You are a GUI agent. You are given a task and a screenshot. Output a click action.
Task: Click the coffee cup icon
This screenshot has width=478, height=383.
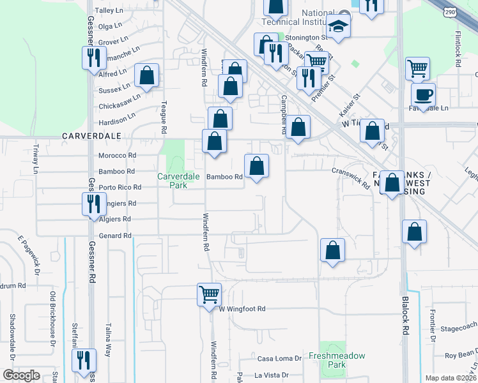click(423, 95)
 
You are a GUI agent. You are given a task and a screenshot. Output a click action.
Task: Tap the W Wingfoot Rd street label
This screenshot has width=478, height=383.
click(242, 309)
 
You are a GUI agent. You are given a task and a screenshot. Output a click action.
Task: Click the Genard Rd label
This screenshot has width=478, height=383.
click(116, 236)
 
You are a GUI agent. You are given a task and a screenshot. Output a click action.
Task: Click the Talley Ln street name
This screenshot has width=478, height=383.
click(108, 11)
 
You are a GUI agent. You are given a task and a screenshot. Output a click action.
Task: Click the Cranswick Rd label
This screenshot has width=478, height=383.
click(351, 177)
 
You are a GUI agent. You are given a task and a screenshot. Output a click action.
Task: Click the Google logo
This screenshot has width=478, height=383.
click(21, 375)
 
